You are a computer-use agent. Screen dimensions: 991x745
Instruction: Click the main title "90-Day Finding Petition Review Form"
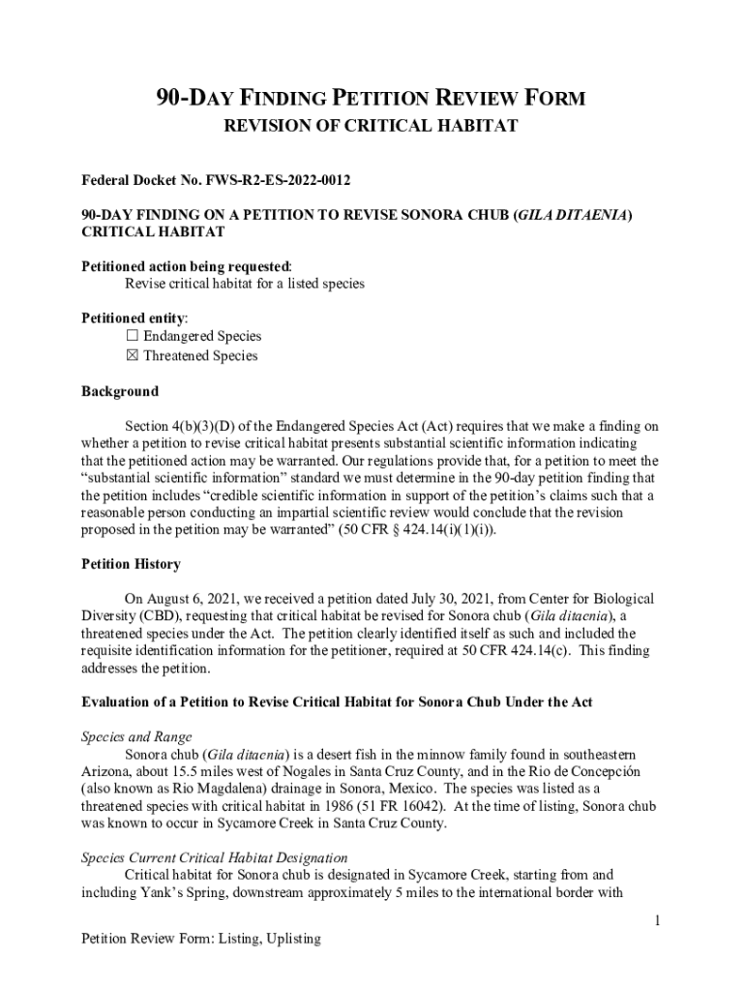point(372,98)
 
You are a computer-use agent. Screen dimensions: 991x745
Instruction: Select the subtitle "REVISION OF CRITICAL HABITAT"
point(372,126)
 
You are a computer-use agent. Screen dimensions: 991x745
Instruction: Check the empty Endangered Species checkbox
point(133,336)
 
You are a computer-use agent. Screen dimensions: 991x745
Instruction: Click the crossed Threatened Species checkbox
point(133,355)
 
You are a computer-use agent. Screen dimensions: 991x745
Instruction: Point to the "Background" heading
point(120,392)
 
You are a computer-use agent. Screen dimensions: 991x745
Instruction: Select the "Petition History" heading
point(131,564)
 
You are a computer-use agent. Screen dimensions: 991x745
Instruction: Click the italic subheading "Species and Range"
point(136,736)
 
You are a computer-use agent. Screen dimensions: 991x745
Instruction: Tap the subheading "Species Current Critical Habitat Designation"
point(215,857)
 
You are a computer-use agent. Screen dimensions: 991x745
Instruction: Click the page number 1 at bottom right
point(656,920)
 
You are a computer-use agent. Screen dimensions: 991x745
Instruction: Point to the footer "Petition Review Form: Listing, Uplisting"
point(201,939)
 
